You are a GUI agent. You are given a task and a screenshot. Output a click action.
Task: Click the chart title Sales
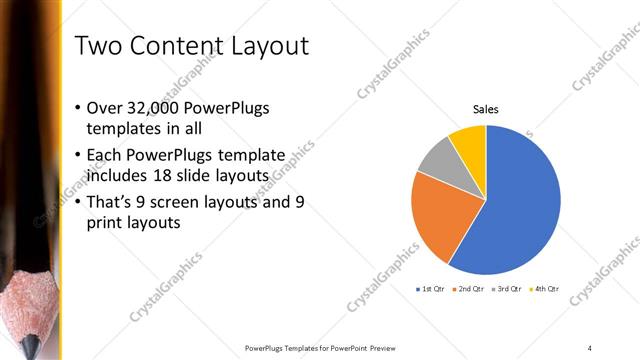click(486, 110)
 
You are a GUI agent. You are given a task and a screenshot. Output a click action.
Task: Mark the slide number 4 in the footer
click(591, 347)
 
